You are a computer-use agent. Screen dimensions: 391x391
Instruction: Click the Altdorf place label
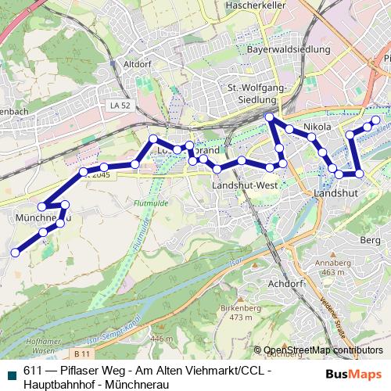pyautogui.click(x=136, y=65)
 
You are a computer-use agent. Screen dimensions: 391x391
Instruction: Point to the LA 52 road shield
pyautogui.click(x=120, y=104)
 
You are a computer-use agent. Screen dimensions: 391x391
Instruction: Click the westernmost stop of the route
pyautogui.click(x=15, y=252)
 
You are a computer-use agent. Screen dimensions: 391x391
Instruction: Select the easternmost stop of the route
pyautogui.click(x=376, y=120)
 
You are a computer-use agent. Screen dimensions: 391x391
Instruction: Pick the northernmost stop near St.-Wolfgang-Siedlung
pyautogui.click(x=270, y=117)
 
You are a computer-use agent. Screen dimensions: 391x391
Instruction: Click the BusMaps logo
pyautogui.click(x=353, y=375)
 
